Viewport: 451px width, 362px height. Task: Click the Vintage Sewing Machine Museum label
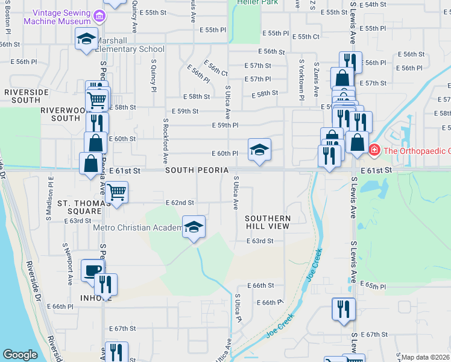pyautogui.click(x=57, y=17)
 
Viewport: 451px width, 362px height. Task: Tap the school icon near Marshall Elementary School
pyautogui.click(x=86, y=40)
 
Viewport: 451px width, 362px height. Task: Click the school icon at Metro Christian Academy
pyautogui.click(x=194, y=227)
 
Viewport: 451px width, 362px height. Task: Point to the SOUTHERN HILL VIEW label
pyautogui.click(x=268, y=222)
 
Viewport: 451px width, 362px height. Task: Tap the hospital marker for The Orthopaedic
pyautogui.click(x=374, y=149)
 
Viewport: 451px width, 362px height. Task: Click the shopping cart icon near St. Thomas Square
pyautogui.click(x=116, y=192)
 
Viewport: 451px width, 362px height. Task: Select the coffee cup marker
pyautogui.click(x=92, y=270)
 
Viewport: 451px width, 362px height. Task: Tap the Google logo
pyautogui.click(x=20, y=355)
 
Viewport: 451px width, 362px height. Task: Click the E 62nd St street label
pyautogui.click(x=180, y=203)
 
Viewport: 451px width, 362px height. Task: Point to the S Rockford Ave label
pyautogui.click(x=165, y=141)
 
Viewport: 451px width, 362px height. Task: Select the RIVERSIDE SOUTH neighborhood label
pyautogui.click(x=26, y=96)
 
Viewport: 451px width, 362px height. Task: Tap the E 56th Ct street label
pyautogui.click(x=215, y=68)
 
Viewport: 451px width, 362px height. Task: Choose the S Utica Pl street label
pyautogui.click(x=238, y=308)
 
